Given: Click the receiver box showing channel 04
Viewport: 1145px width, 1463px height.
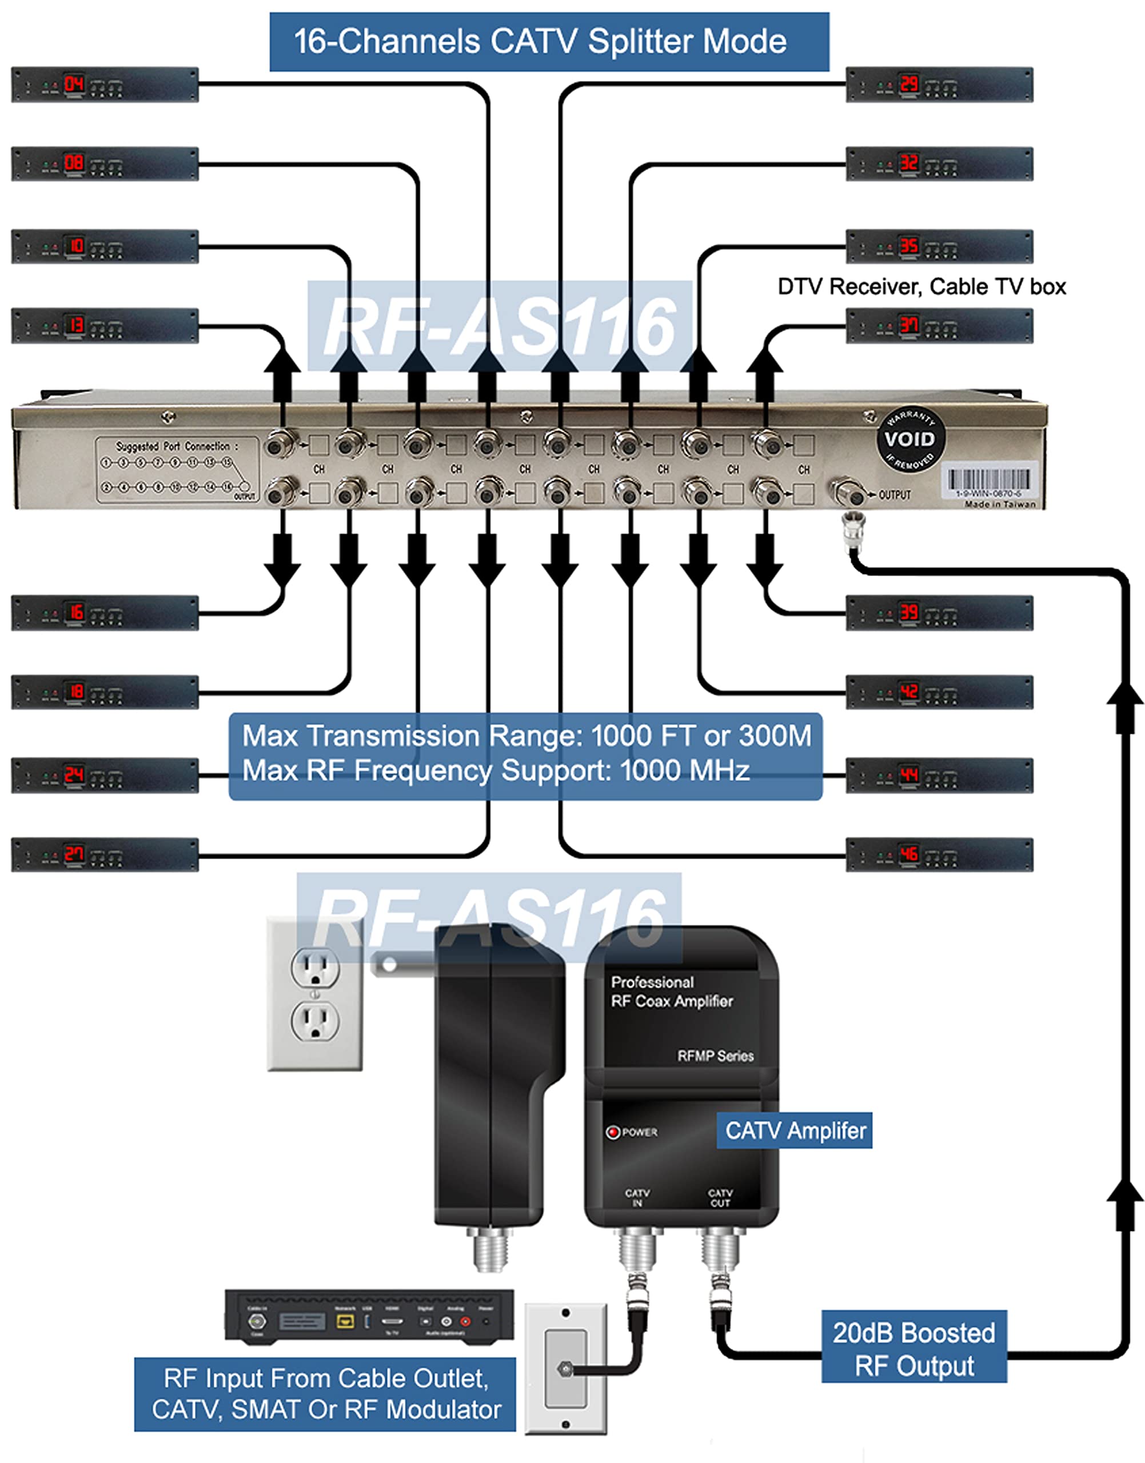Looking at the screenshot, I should (x=105, y=85).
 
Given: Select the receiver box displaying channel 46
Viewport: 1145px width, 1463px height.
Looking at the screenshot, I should (x=939, y=854).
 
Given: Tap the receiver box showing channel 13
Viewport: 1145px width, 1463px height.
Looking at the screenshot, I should (x=105, y=326).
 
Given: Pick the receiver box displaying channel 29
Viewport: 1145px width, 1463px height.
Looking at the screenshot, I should (x=939, y=85).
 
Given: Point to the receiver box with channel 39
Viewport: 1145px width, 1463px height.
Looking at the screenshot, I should (x=939, y=613).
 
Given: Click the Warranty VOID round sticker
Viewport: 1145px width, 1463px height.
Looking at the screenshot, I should (x=909, y=439).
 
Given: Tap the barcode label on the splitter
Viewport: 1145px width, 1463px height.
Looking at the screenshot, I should (x=989, y=481).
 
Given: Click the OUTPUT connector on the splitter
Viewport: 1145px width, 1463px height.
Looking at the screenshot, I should (x=847, y=493).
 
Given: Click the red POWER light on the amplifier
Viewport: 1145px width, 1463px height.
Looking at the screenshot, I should (x=612, y=1132).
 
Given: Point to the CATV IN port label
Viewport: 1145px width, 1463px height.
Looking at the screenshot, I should (x=637, y=1198).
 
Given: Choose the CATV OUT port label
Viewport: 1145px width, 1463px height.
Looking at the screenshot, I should (x=720, y=1198).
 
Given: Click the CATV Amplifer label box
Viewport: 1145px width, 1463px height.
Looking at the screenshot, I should (x=795, y=1130).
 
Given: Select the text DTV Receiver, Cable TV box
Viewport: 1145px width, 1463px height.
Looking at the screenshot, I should (x=921, y=287).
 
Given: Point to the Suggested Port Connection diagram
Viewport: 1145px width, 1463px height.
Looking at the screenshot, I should (x=176, y=470).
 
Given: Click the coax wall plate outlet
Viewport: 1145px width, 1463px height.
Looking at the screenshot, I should (x=566, y=1368).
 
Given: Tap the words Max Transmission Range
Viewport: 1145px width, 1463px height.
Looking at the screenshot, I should (x=412, y=736).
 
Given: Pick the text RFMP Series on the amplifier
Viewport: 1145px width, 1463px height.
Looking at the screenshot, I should (x=715, y=1056).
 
